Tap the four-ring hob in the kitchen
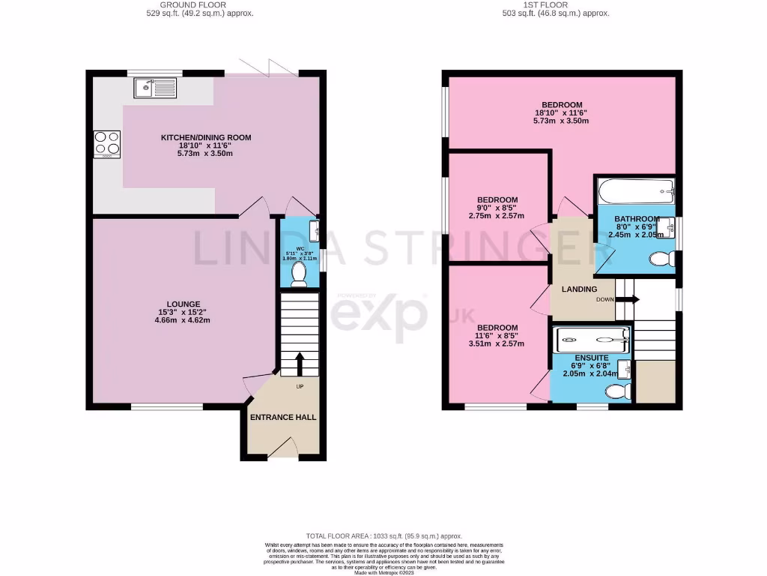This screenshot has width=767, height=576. (x=106, y=145)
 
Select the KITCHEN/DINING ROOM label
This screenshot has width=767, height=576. (x=206, y=137)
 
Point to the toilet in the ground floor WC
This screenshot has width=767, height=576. (x=299, y=275)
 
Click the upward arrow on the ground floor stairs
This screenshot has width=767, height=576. (x=300, y=364)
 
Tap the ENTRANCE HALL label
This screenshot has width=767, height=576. (x=283, y=417)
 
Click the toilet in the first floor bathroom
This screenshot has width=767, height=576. (x=660, y=259)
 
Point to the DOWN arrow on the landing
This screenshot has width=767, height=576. (x=631, y=299)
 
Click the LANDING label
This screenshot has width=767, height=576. (x=579, y=289)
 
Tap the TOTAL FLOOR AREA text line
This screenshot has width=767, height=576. (x=383, y=535)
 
